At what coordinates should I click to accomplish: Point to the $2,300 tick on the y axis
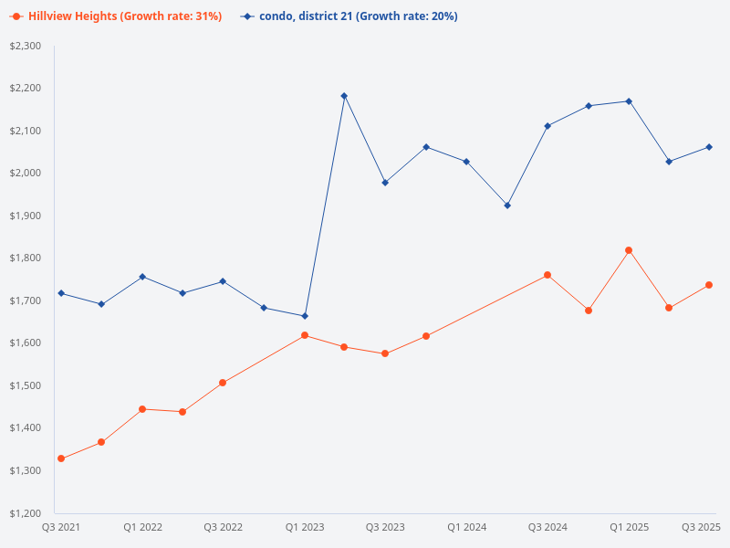click(x=26, y=46)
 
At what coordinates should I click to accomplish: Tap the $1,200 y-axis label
click(x=26, y=512)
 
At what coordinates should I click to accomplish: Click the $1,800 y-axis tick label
click(x=26, y=258)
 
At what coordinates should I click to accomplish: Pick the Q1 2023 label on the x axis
click(x=305, y=527)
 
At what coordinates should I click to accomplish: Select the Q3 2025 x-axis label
click(x=702, y=527)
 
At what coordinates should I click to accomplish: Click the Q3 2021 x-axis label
click(x=61, y=527)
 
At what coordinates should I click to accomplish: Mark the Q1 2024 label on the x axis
click(x=466, y=527)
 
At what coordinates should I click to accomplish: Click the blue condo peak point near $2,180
click(x=344, y=96)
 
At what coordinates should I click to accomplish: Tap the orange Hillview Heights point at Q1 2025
click(x=629, y=250)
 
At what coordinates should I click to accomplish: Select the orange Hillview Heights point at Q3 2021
click(x=61, y=458)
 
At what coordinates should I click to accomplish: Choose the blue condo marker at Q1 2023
click(x=305, y=316)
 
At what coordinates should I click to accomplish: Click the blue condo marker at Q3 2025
click(x=709, y=147)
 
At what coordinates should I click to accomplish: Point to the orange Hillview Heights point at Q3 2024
click(x=547, y=275)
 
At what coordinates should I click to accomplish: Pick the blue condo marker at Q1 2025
click(x=629, y=101)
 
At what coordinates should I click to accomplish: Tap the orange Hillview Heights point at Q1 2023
click(x=305, y=335)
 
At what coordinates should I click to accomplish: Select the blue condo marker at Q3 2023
click(x=385, y=183)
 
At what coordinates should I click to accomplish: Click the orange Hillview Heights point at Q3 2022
click(x=223, y=383)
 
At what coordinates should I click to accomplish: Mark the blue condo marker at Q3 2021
click(x=61, y=293)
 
